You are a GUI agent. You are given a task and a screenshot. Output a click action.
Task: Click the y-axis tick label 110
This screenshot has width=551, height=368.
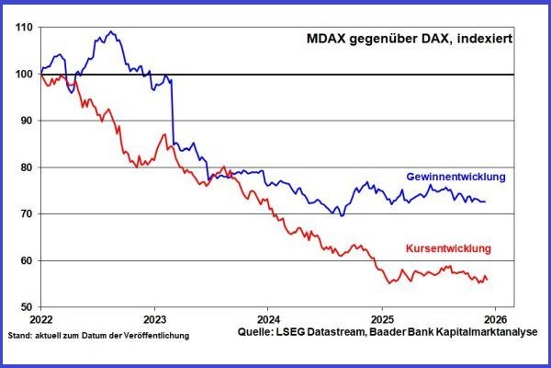(26, 28)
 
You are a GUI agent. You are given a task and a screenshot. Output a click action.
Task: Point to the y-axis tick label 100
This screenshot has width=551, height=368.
(26, 75)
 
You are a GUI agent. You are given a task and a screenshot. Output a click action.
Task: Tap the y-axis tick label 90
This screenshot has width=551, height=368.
(28, 121)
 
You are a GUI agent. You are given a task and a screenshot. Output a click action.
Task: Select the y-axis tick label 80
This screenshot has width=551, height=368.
(28, 168)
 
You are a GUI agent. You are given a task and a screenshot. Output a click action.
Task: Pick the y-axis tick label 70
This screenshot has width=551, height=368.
(28, 214)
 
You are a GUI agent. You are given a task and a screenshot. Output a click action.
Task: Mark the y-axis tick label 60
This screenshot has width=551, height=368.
(28, 261)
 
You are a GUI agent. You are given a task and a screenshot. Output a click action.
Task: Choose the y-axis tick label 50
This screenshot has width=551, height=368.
(28, 307)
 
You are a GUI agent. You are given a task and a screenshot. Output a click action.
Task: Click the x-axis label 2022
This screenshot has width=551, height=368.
(40, 320)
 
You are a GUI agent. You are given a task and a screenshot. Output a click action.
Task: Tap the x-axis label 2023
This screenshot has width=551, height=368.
(154, 320)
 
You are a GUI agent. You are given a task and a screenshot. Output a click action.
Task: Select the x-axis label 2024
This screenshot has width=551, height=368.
(267, 320)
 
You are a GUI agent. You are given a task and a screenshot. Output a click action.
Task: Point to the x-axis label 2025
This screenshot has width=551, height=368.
(381, 320)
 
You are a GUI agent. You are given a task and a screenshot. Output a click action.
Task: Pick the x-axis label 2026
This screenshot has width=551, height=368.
(495, 320)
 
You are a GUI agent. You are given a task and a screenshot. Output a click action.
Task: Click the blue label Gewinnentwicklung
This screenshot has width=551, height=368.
(455, 176)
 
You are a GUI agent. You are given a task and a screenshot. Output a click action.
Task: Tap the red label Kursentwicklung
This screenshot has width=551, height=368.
(449, 248)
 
